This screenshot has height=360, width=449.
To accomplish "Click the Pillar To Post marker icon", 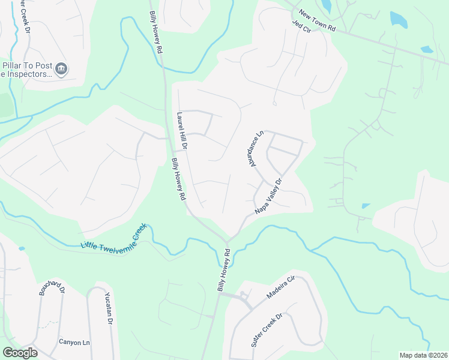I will pos(61,70).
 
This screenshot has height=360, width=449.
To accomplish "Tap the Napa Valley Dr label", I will pos(268,196).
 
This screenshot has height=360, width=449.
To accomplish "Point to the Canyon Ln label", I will pos(74,342).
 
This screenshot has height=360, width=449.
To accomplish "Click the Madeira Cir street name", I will pos(282,289).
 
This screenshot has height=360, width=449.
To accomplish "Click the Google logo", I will pos(19,353).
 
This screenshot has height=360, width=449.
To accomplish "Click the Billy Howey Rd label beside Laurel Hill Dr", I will pos(178,179).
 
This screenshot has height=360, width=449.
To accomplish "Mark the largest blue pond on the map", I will pos(398,19).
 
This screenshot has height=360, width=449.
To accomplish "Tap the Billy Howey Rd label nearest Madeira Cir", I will pos(223,272).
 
